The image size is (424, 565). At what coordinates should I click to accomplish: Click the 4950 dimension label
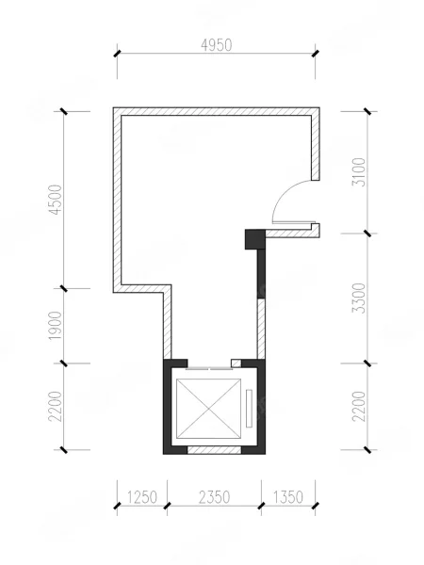coord(217,46)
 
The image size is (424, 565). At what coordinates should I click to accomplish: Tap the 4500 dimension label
coord(56,200)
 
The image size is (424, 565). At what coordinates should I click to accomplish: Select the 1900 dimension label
coord(56,326)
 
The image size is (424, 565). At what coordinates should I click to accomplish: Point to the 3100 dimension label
coord(359,172)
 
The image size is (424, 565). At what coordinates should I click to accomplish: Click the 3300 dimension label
coord(359,298)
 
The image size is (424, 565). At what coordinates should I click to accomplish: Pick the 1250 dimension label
coord(142,497)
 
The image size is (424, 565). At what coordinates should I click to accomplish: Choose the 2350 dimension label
coord(214,497)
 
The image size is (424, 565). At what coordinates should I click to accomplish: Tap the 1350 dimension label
coord(287,497)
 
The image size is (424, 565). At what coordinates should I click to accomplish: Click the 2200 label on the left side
coord(56,407)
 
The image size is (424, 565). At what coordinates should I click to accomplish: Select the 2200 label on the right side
coord(359,407)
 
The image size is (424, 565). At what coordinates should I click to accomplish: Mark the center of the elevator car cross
coord(208,409)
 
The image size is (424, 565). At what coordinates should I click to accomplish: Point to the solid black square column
coord(255,239)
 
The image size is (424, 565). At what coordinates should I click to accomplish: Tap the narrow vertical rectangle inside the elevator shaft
coord(249,409)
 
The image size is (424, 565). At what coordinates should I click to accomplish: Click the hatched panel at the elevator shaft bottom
coord(214,450)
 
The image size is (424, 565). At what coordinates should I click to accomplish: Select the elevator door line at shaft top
coord(209,369)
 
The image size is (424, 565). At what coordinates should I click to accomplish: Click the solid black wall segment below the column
coord(261,274)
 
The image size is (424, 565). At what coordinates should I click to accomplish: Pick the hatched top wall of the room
coord(217,111)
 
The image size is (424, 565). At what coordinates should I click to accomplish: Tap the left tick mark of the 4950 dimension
coord(117,54)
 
